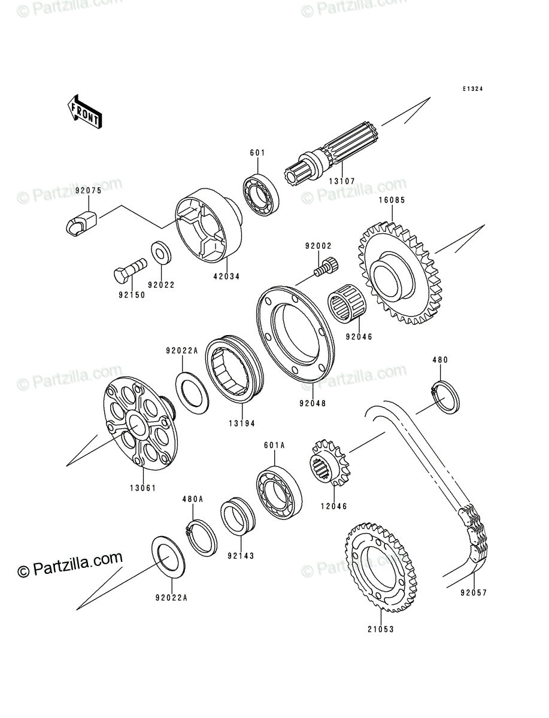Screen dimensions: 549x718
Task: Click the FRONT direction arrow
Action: [84, 111]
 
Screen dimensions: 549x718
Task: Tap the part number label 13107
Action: [342, 181]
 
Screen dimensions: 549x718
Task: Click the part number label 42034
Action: [226, 277]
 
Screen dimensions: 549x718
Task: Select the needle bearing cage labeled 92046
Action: [347, 306]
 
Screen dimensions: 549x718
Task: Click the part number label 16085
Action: [392, 200]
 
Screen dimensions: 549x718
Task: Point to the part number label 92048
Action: [313, 403]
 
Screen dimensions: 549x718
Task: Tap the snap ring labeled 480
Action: [445, 397]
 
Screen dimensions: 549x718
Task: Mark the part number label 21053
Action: [381, 629]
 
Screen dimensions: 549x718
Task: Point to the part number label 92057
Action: [474, 592]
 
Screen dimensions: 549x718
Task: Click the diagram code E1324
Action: [472, 89]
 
